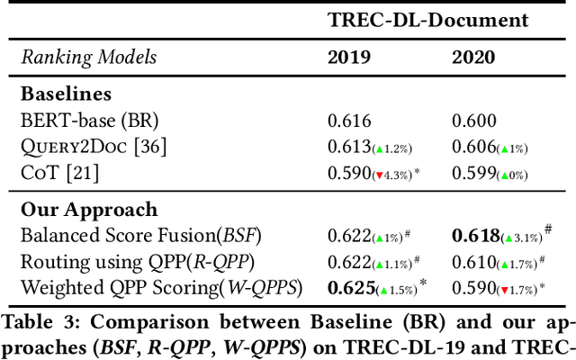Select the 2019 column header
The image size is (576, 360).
click(348, 57)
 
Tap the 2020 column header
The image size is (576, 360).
click(473, 57)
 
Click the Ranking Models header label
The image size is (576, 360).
click(89, 57)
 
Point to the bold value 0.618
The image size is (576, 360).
click(475, 236)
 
